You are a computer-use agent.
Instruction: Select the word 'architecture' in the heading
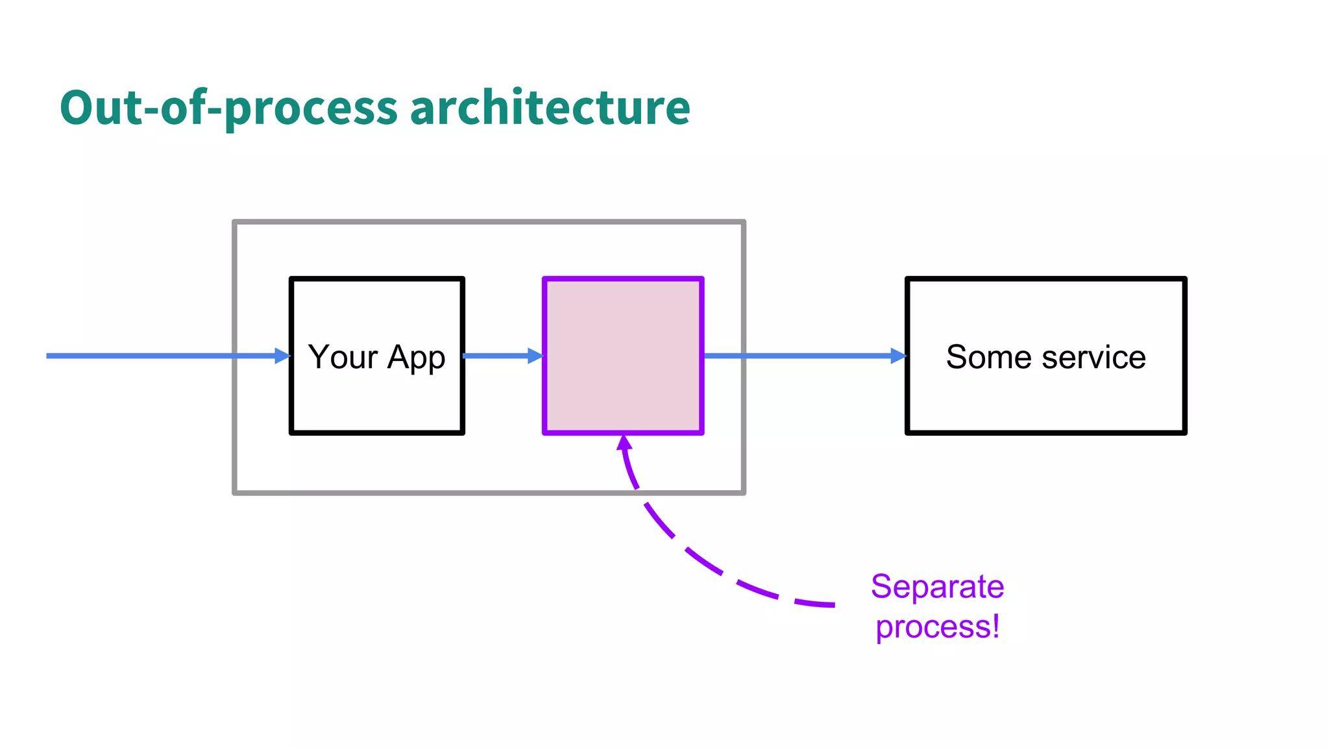(x=550, y=108)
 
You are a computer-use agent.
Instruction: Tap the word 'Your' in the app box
(x=343, y=357)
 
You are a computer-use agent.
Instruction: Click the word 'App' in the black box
(x=416, y=358)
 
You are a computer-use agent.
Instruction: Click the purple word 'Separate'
(x=937, y=587)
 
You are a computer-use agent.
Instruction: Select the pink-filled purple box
(x=623, y=355)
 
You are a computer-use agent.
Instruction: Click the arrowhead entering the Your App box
(x=283, y=356)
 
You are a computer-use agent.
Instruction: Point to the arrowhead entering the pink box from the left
(x=535, y=356)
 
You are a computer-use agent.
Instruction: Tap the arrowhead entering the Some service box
(x=899, y=356)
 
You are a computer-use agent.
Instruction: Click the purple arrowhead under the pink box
(x=624, y=443)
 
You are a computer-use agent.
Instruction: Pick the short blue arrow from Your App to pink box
(x=496, y=356)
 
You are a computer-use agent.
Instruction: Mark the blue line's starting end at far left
(x=49, y=356)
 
